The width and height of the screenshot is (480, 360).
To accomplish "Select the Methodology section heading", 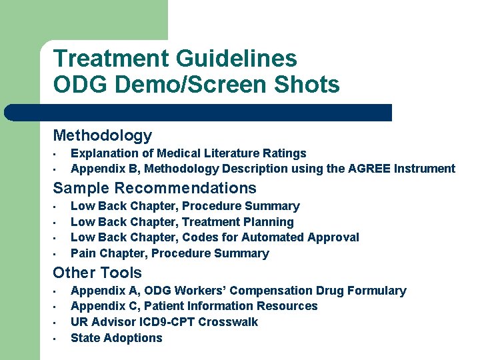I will click(103, 135).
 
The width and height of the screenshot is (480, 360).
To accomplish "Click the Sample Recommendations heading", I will click(155, 188).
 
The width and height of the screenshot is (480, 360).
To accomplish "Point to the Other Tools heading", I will click(97, 273).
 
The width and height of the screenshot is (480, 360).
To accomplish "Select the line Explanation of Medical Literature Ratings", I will click(189, 153).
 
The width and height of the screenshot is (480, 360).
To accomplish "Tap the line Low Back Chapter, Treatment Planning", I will click(182, 222).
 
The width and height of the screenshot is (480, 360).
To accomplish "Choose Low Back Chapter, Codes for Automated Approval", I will click(215, 237).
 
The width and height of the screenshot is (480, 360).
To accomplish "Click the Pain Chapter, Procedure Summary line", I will click(170, 253).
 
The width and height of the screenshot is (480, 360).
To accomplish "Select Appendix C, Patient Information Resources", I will click(194, 306).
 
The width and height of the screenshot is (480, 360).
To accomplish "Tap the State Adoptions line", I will click(117, 338).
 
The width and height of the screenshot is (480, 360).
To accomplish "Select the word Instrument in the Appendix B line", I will click(429, 169).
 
